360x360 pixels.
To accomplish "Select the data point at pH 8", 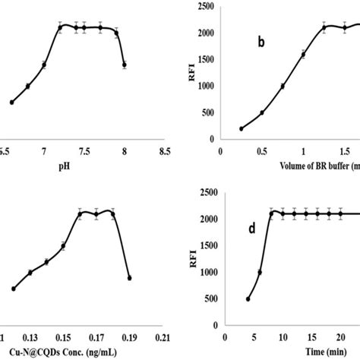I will tap(125, 65).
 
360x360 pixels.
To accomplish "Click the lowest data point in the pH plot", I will tap(11, 102).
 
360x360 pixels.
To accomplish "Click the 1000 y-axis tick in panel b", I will tap(203, 86).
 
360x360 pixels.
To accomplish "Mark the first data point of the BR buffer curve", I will tap(241, 129).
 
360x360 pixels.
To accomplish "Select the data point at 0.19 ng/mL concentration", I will tap(129, 278).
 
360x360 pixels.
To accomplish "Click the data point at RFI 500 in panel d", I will tap(248, 299).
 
